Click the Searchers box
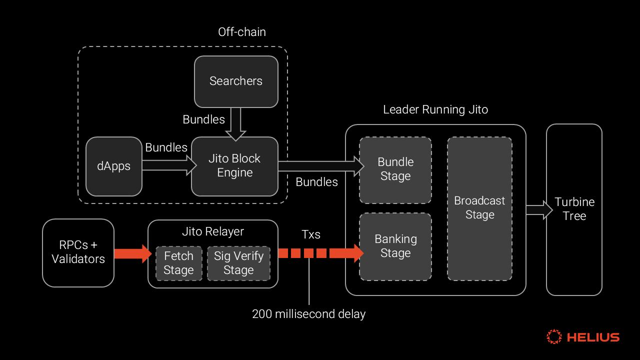coord(236,81)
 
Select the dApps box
coord(114,166)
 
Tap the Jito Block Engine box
coord(234,166)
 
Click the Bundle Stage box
coord(395,169)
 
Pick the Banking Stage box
coord(395,246)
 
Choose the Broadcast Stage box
coord(479,208)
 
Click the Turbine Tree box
coord(574,209)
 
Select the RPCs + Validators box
coord(78,252)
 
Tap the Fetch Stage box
coord(178,263)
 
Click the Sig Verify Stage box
coord(238,263)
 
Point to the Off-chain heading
coord(242,32)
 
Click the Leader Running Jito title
coord(435,109)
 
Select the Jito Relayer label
coord(213,231)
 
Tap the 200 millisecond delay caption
coord(308,314)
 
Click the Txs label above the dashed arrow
coord(311,234)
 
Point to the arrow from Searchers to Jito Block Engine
coord(236,123)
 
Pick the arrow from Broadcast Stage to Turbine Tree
coord(538,210)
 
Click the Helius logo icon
coord(554,337)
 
